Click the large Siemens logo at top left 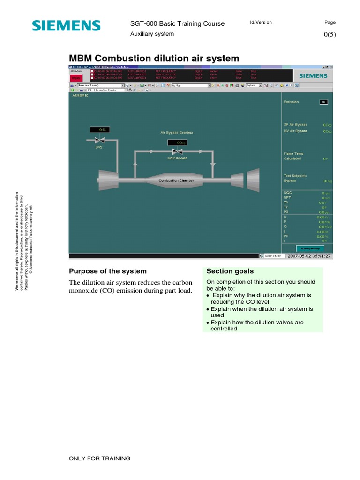(x=66, y=25)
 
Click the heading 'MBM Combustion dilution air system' (x=154, y=59)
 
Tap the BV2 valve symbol (x=99, y=140)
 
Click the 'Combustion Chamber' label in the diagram (x=176, y=180)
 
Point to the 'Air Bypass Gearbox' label (x=177, y=133)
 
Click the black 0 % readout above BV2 (x=99, y=129)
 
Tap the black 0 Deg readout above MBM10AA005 (x=177, y=142)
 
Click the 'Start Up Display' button (x=310, y=248)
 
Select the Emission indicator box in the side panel (x=323, y=102)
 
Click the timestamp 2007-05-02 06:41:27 (x=309, y=256)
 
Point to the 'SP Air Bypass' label (x=295, y=125)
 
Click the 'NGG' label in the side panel (x=287, y=193)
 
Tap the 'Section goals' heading (x=230, y=271)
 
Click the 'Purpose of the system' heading (x=108, y=271)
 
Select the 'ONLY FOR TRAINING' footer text (x=99, y=458)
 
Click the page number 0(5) (x=330, y=34)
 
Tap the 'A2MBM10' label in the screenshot (x=80, y=95)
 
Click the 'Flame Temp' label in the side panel (x=293, y=153)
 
